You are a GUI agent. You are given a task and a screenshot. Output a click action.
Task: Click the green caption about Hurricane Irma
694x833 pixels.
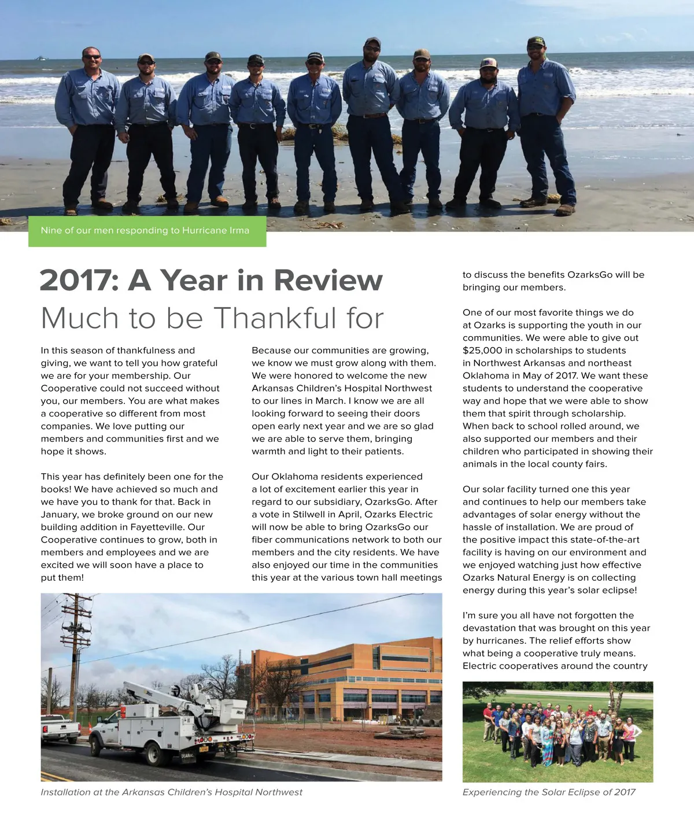click(x=145, y=230)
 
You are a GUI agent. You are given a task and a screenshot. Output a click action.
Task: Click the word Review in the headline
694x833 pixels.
click(x=328, y=281)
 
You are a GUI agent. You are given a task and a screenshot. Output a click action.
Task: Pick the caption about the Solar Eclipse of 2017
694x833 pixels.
click(x=549, y=793)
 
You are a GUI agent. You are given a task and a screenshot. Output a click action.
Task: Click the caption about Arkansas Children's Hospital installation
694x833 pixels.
click(x=171, y=793)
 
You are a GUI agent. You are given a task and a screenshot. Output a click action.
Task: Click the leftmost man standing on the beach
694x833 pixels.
click(x=89, y=127)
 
